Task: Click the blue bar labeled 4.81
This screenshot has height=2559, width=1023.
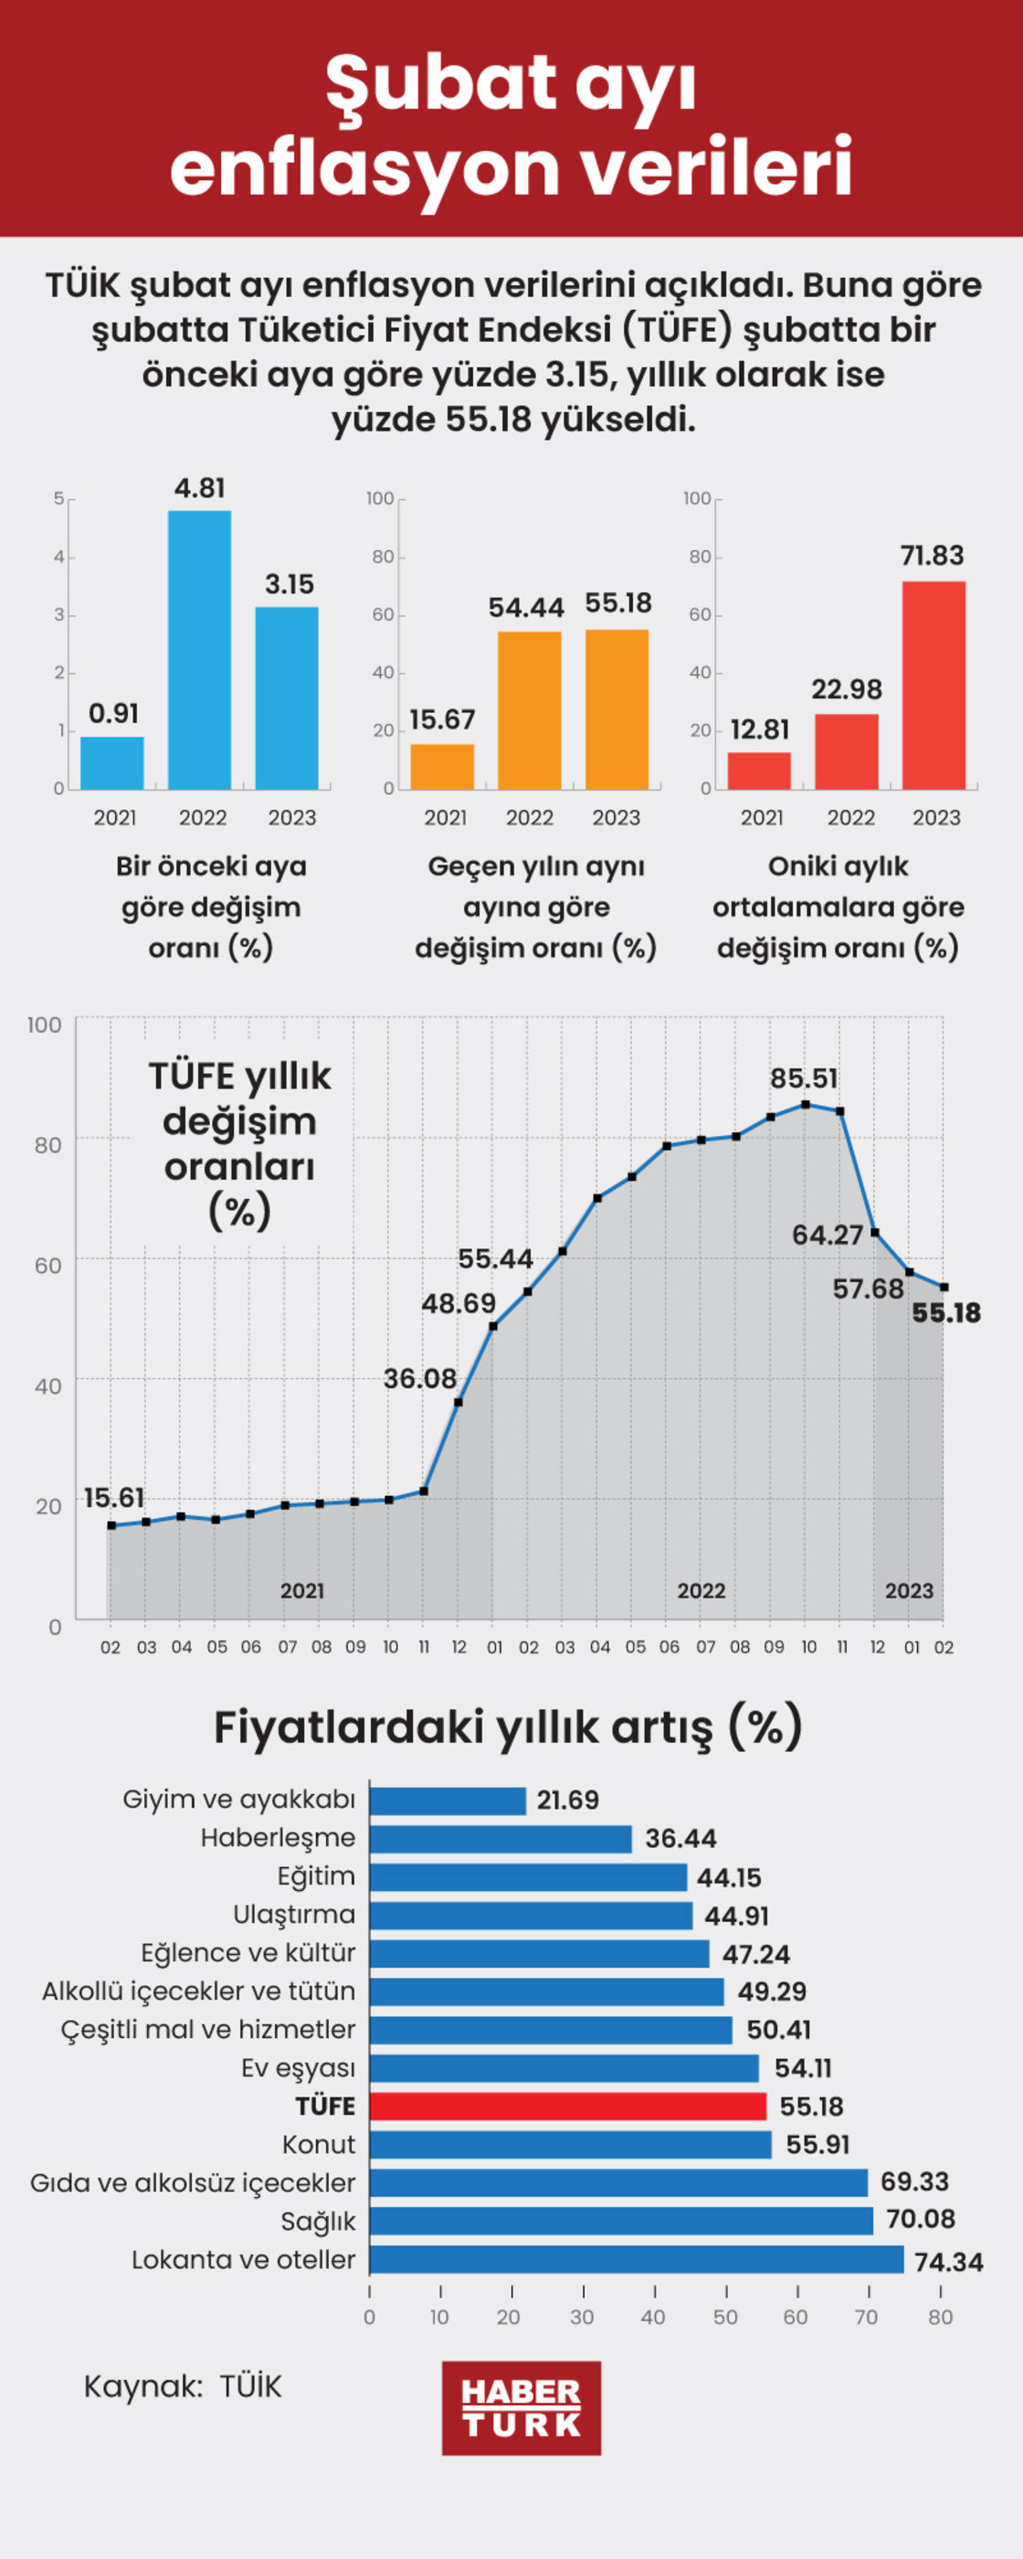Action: pos(200,650)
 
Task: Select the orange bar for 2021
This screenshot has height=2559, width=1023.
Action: pos(442,766)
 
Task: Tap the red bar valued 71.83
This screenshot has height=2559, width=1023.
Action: pos(933,685)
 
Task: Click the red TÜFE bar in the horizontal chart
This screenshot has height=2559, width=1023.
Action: pos(567,2106)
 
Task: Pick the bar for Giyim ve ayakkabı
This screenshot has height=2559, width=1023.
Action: pos(447,1800)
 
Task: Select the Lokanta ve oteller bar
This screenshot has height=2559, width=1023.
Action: pos(636,2259)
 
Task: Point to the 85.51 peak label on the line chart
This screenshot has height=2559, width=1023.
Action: pos(804,1078)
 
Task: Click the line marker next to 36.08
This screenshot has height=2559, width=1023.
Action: pos(458,1402)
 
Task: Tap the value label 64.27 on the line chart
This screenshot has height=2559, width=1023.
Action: pos(827,1235)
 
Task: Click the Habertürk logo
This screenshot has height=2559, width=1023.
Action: pos(522,2407)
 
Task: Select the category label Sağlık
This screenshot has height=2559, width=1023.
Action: pos(318,2221)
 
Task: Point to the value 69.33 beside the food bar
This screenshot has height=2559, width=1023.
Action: pos(914,2182)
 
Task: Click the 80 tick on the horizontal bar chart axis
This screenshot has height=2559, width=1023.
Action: pos(941,2317)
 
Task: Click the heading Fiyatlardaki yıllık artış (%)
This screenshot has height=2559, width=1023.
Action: pos(508,1727)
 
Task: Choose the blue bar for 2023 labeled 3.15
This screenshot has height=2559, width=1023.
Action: pos(287,697)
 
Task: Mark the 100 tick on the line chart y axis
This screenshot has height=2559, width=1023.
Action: pos(45,1025)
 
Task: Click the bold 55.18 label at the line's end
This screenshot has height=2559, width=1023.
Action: pos(946,1313)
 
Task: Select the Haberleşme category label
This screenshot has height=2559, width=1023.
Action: pos(278,1838)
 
